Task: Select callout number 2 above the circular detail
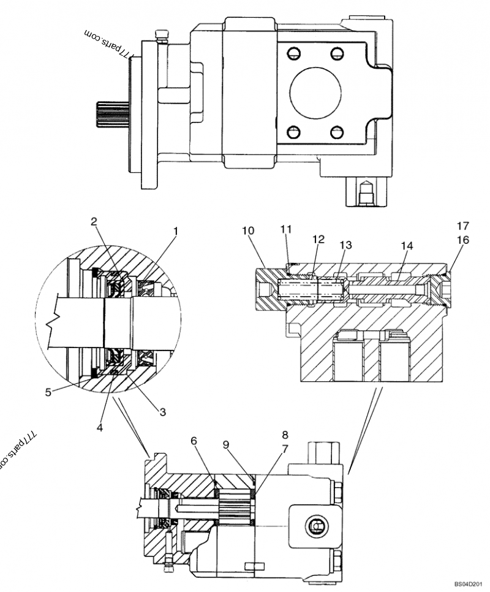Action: tap(94, 222)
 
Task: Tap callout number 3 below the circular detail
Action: tap(162, 412)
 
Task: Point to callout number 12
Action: tap(318, 238)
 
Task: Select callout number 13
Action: tap(347, 245)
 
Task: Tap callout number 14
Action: tap(407, 245)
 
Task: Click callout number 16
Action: tap(462, 240)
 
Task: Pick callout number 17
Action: tap(462, 226)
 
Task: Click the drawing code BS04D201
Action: tap(469, 585)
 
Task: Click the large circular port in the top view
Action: tap(315, 91)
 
